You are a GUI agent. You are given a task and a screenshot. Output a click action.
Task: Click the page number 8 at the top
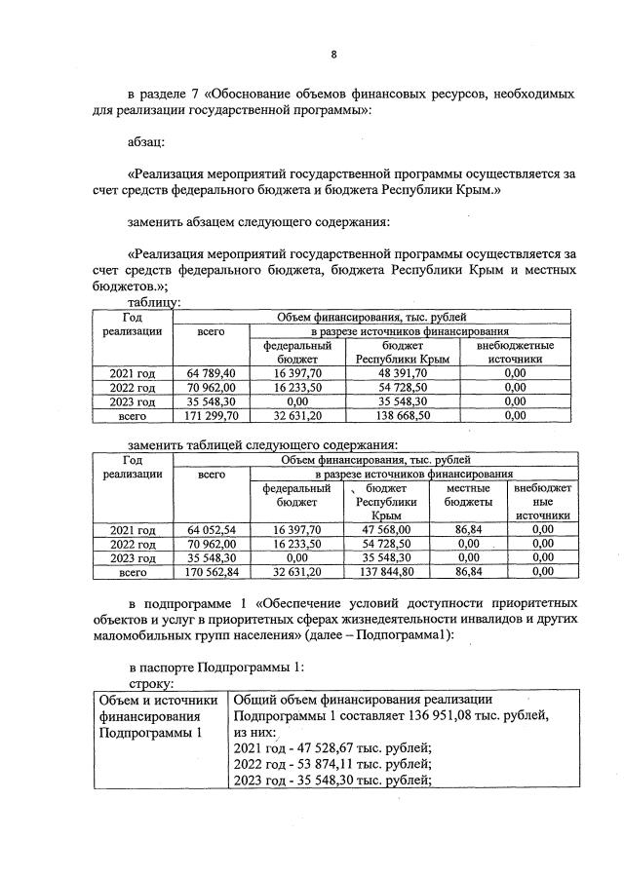click(332, 55)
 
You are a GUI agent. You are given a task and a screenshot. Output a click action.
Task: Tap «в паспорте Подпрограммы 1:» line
click(216, 668)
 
